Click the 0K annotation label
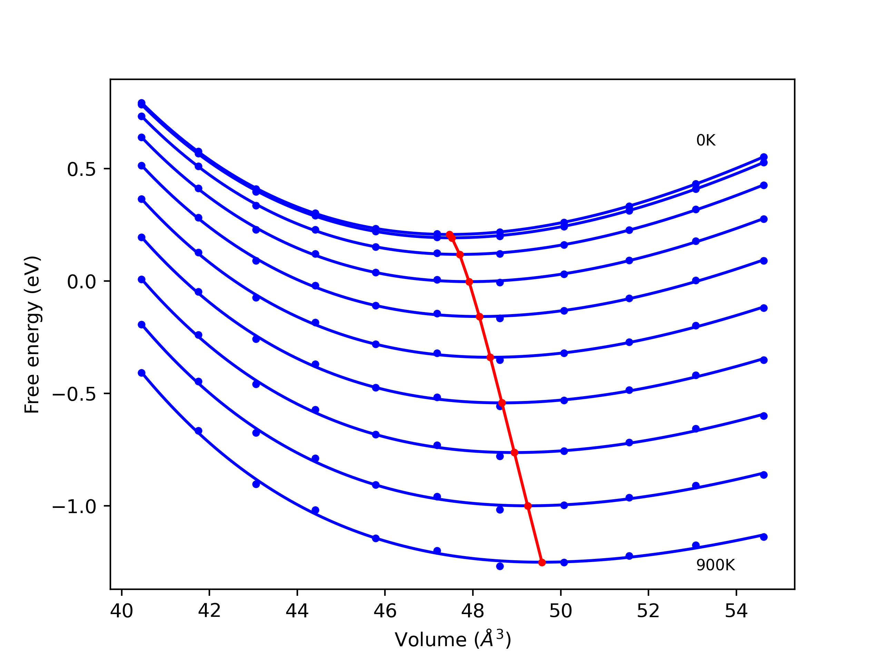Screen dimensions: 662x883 coord(706,140)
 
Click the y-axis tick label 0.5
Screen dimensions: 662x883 coord(81,170)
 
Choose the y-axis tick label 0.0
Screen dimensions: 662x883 coord(81,282)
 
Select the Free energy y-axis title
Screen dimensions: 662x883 coord(32,334)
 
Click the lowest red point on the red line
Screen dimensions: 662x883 coord(542,563)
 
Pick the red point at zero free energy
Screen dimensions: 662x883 coord(469,282)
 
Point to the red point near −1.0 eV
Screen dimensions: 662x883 coord(528,506)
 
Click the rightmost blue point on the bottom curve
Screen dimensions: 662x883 coord(764,537)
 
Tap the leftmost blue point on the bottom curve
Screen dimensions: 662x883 coord(141,373)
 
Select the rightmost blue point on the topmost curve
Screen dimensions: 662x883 coord(764,157)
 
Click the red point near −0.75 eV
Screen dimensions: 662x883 coord(514,452)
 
